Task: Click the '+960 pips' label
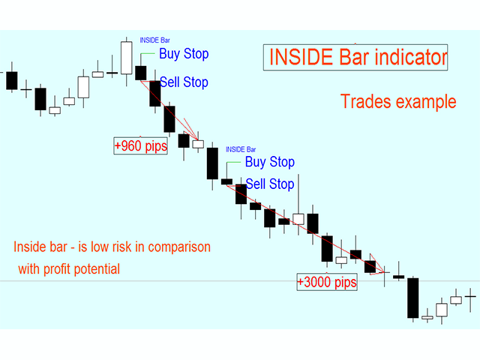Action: pyautogui.click(x=140, y=145)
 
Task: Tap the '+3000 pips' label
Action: pyautogui.click(x=326, y=283)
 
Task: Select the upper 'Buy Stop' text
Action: pyautogui.click(x=184, y=54)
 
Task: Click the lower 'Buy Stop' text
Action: pyautogui.click(x=270, y=162)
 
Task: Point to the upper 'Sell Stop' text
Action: pyautogui.click(x=184, y=82)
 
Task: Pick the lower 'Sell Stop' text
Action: pyautogui.click(x=270, y=184)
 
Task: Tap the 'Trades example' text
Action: pyautogui.click(x=398, y=101)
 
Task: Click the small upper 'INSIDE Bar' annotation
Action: pyautogui.click(x=155, y=39)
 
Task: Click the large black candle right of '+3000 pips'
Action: pyautogui.click(x=412, y=298)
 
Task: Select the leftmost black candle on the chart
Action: pyautogui.click(x=11, y=80)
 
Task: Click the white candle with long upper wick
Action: pyautogui.click(x=298, y=218)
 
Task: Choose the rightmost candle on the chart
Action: pyautogui.click(x=470, y=297)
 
